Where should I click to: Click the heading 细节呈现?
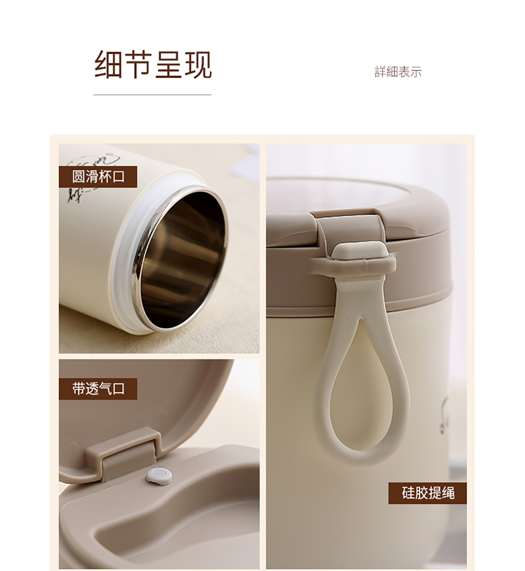tap(153, 65)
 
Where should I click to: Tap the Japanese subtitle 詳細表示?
tap(398, 72)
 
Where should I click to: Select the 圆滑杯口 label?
tap(98, 176)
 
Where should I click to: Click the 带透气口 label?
tap(98, 389)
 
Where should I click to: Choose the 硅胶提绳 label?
tap(427, 493)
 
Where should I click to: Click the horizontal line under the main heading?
tap(152, 95)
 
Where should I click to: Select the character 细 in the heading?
tap(108, 65)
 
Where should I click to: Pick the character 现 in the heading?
tap(198, 65)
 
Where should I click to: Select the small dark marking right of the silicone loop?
tap(444, 416)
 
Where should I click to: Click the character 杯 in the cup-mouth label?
tap(105, 176)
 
